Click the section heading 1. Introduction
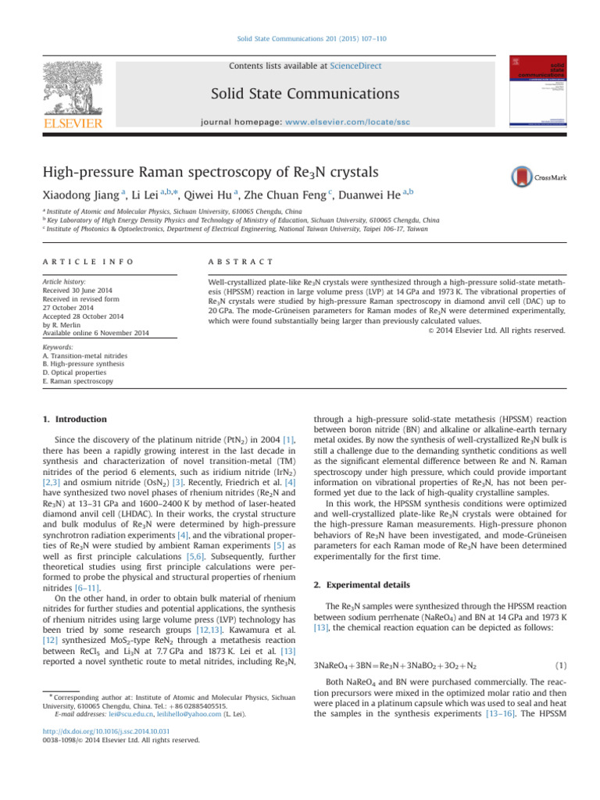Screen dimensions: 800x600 (75, 420)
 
